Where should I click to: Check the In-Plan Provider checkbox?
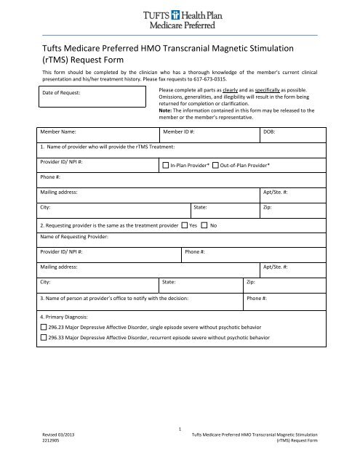[x=166, y=166]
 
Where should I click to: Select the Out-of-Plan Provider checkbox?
[x=215, y=166]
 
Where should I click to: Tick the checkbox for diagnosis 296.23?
[x=44, y=327]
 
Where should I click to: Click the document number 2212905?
[x=52, y=440]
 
